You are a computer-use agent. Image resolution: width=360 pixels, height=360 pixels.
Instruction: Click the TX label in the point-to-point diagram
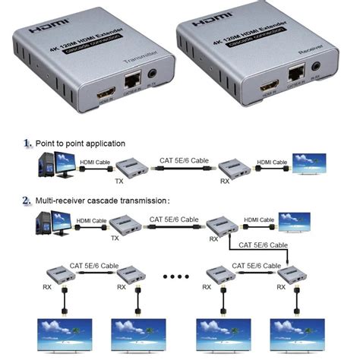[118, 181]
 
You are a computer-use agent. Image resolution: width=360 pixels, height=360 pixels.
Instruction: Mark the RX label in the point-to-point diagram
[224, 181]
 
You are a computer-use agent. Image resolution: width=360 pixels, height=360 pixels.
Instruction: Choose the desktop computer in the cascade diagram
[48, 223]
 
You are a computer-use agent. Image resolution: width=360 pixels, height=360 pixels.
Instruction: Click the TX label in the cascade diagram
[115, 238]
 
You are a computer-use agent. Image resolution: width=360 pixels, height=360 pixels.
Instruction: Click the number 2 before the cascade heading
[27, 201]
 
